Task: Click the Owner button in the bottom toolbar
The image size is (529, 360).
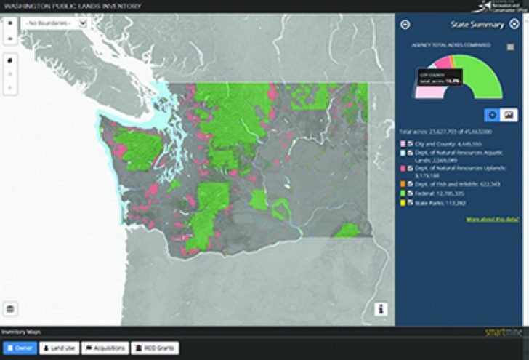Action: (x=19, y=348)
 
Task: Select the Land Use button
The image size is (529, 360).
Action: (x=58, y=348)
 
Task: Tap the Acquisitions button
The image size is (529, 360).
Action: (x=105, y=348)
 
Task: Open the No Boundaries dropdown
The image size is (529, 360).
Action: (x=55, y=23)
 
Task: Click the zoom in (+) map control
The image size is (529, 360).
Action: (x=10, y=22)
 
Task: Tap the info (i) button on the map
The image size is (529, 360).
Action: (x=381, y=309)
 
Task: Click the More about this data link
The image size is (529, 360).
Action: (x=490, y=219)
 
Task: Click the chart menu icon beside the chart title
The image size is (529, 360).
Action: (x=511, y=47)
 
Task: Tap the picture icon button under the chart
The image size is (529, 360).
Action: (x=509, y=115)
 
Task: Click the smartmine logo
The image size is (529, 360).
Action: (x=501, y=332)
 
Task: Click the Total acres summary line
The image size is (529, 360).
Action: (x=446, y=132)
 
